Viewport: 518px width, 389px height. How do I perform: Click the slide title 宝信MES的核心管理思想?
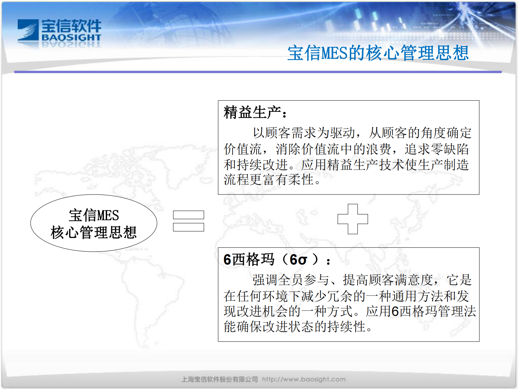(x=378, y=53)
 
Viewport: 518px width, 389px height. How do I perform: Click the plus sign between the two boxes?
(x=353, y=219)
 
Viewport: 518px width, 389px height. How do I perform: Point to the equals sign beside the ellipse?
(x=188, y=221)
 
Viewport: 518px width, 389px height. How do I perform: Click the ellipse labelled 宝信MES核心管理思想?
(x=94, y=223)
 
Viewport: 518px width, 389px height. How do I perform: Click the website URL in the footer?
(x=304, y=380)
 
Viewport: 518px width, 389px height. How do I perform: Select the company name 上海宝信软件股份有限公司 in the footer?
(x=219, y=380)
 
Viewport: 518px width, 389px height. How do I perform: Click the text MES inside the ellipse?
(x=108, y=216)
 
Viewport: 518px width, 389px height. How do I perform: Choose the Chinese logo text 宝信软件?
(x=71, y=26)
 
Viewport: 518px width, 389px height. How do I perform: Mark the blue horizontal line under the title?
(x=258, y=72)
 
